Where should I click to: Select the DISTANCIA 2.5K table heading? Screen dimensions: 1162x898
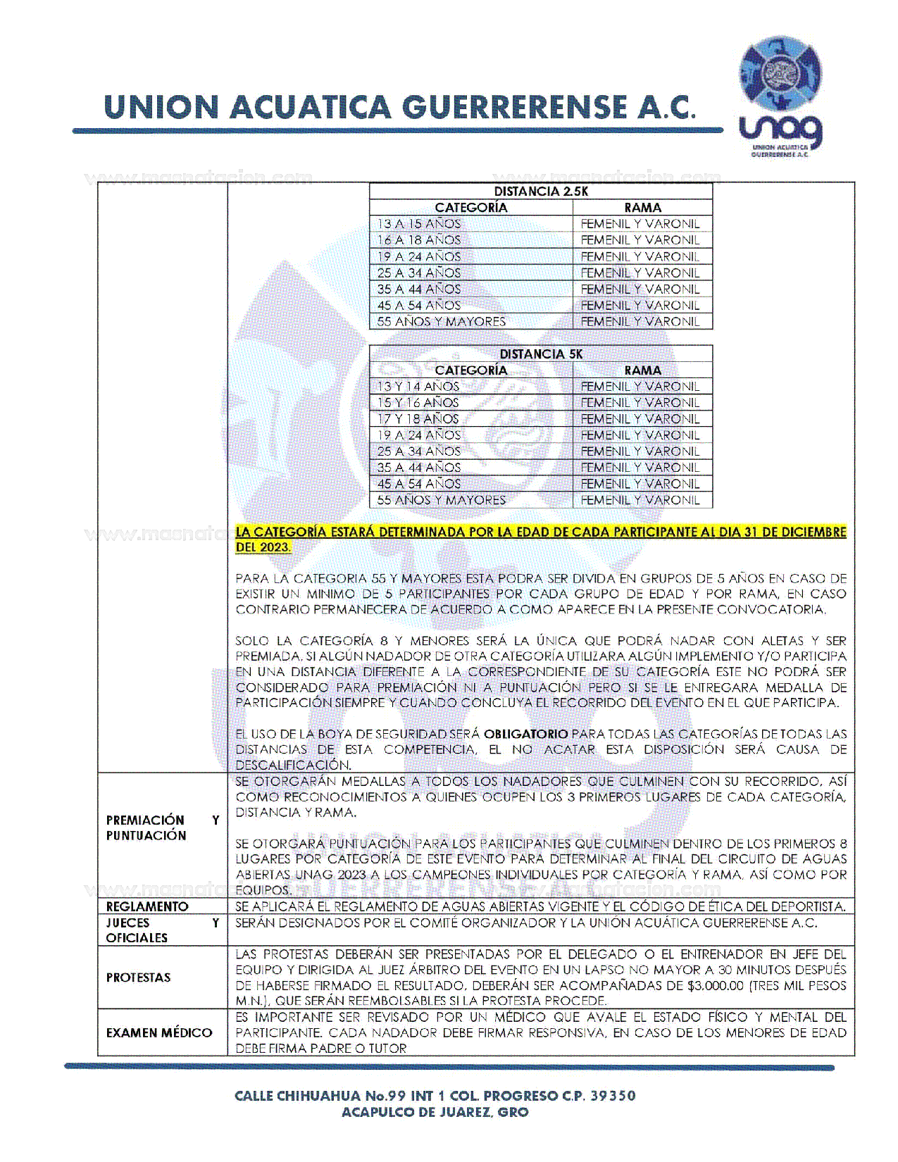[x=540, y=192]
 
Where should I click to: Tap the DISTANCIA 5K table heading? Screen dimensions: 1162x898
[x=540, y=354]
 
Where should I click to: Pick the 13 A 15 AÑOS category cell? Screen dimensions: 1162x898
[x=419, y=224]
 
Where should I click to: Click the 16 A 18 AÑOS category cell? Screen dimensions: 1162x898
[x=419, y=240]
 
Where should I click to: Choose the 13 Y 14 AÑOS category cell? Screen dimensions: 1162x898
[x=418, y=387]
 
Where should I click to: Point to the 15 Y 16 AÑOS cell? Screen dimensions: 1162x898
[x=418, y=403]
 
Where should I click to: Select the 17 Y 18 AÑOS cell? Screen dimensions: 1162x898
[x=418, y=419]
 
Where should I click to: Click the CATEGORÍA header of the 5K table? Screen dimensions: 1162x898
[x=470, y=370]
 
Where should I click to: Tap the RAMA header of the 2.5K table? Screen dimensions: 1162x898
[x=642, y=208]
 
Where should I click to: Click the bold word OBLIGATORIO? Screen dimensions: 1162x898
[x=525, y=734]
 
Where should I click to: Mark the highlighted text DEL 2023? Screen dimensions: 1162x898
[x=263, y=547]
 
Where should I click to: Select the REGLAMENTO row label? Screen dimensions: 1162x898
[x=147, y=906]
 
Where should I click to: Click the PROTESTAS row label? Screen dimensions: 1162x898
[x=139, y=977]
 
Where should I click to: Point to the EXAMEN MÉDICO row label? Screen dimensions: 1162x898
[x=158, y=1032]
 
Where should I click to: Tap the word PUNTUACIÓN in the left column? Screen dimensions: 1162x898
[x=146, y=836]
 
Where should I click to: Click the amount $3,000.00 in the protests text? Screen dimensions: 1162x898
[x=715, y=985]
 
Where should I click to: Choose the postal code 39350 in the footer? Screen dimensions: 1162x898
[x=613, y=1096]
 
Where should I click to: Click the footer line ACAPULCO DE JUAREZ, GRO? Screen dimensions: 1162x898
[x=435, y=1113]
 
